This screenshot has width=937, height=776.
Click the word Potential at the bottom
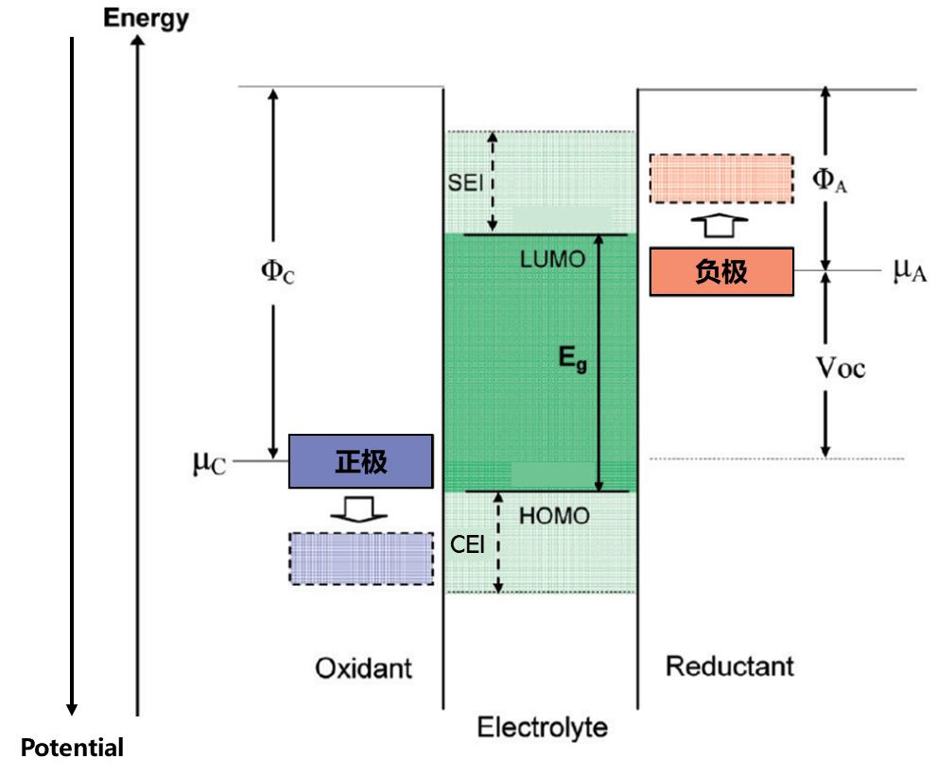pyautogui.click(x=72, y=750)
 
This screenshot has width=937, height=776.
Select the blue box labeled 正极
pyautogui.click(x=360, y=461)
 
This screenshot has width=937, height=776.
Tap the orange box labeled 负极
pyautogui.click(x=721, y=272)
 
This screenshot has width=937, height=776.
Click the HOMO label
pyautogui.click(x=555, y=516)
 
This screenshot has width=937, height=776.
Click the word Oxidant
pyautogui.click(x=363, y=669)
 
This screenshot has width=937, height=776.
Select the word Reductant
pyautogui.click(x=729, y=665)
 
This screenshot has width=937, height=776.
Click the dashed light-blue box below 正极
pyautogui.click(x=360, y=558)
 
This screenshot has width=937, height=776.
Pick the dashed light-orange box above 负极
pyautogui.click(x=721, y=178)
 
